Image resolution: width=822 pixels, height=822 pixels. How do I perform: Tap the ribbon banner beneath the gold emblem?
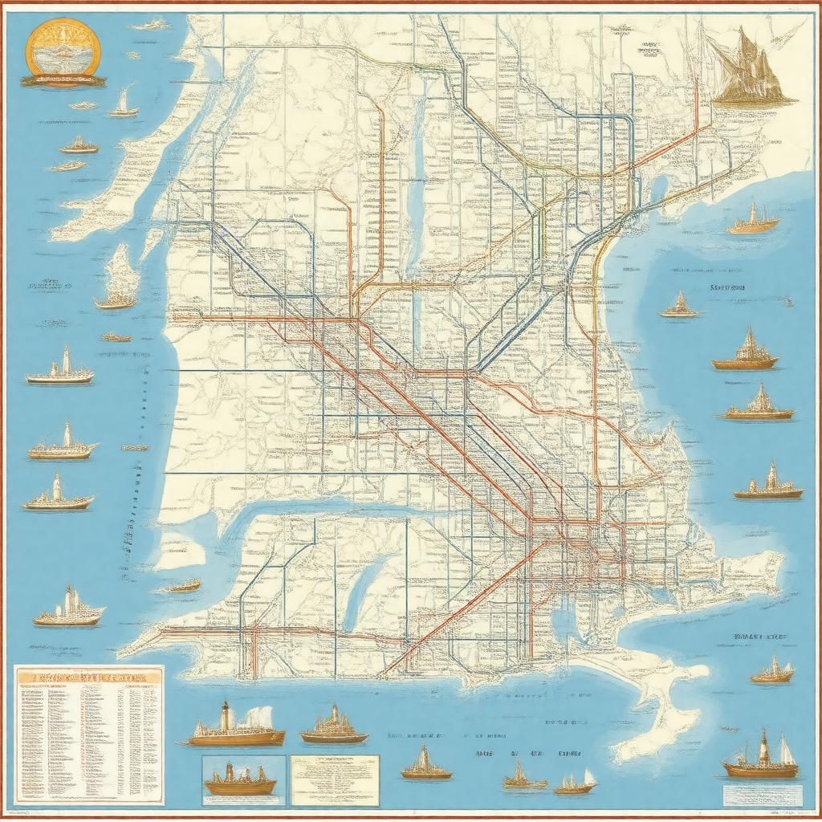click(x=63, y=80)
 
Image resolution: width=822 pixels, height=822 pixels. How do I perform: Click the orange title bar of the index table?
click(x=89, y=677)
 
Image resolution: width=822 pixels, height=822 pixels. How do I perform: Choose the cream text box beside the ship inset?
click(x=334, y=779)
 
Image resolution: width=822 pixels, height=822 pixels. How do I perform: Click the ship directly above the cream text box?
click(x=334, y=726)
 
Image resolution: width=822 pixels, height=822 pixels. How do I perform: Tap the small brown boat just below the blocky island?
click(x=184, y=587)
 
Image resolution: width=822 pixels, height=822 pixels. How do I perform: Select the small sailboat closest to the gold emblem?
click(x=123, y=105)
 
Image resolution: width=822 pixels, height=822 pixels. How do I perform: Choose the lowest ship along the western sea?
click(x=69, y=608)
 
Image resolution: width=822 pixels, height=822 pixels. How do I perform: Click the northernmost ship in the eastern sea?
click(x=753, y=220)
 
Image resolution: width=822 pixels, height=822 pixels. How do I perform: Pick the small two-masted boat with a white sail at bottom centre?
click(x=576, y=783)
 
